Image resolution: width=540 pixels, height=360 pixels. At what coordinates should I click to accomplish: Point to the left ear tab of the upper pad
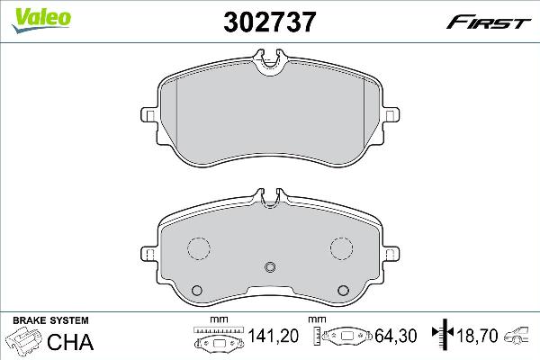click(149, 115)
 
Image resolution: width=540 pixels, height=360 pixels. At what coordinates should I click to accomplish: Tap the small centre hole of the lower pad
click(271, 266)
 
